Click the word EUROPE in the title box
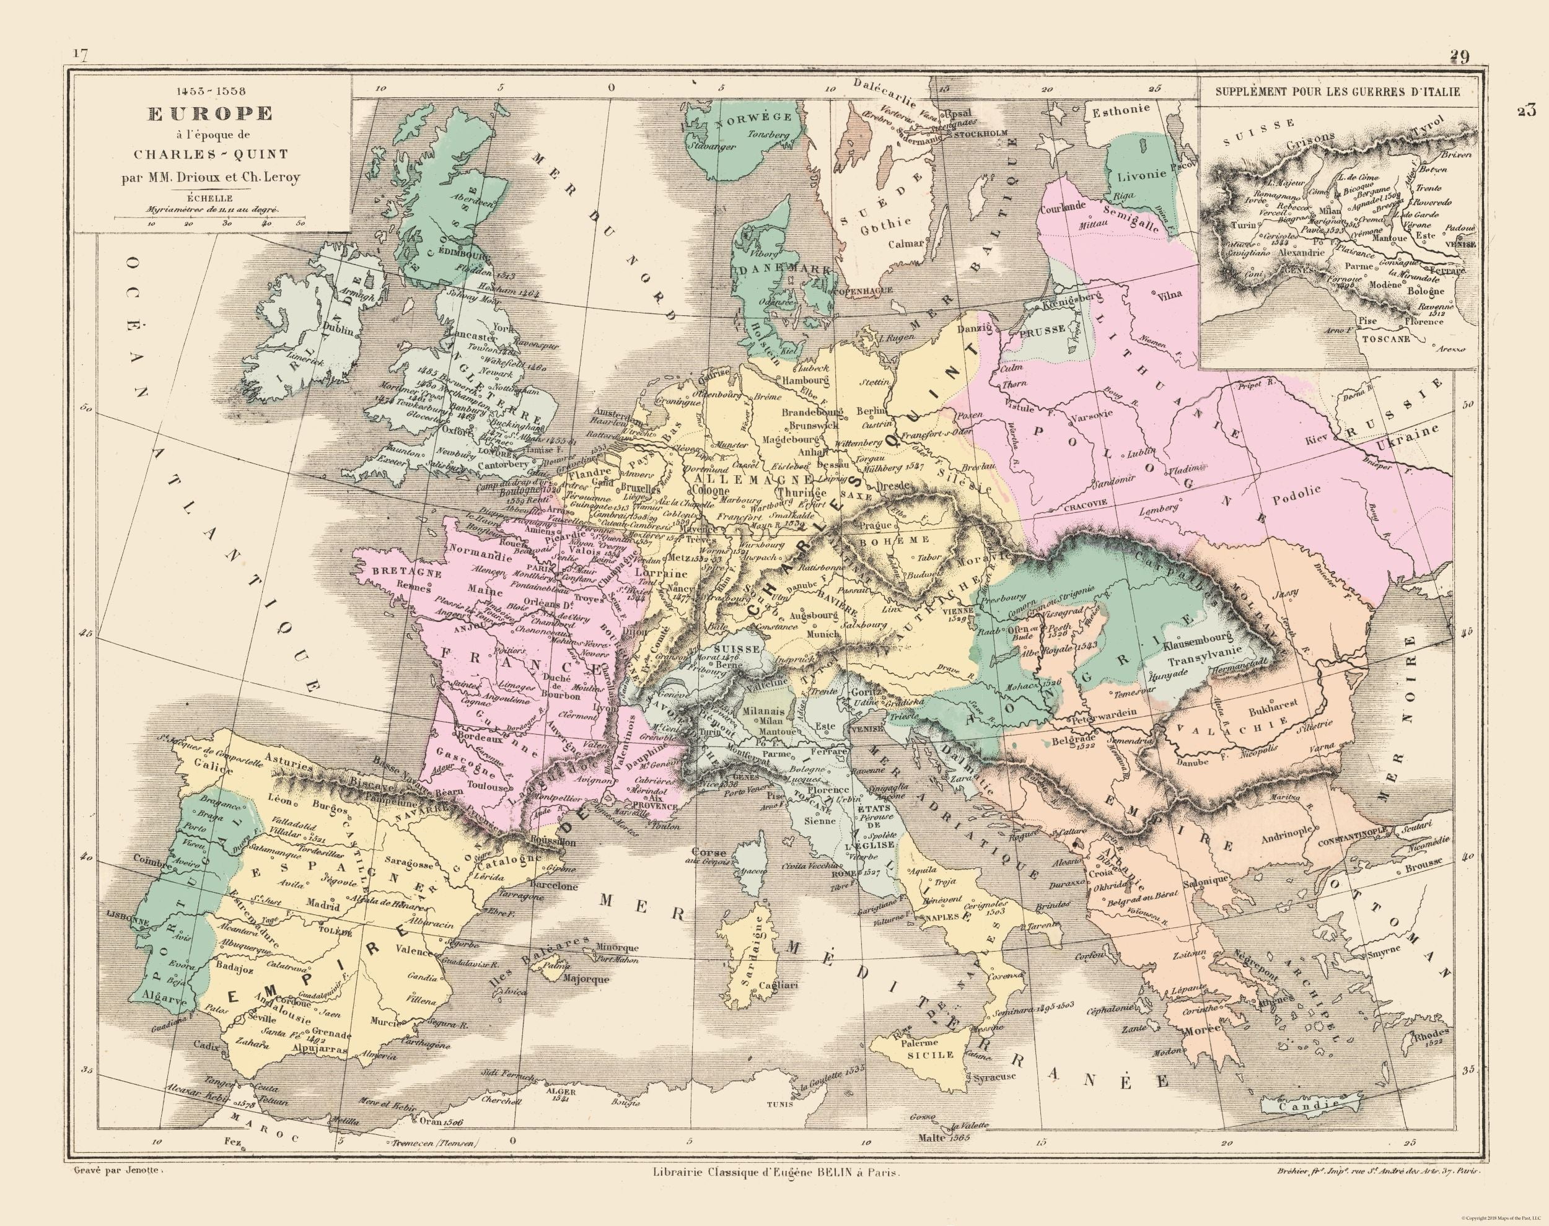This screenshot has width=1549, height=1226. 209,113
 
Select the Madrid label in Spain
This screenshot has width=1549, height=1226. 322,904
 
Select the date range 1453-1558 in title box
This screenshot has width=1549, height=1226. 209,91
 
